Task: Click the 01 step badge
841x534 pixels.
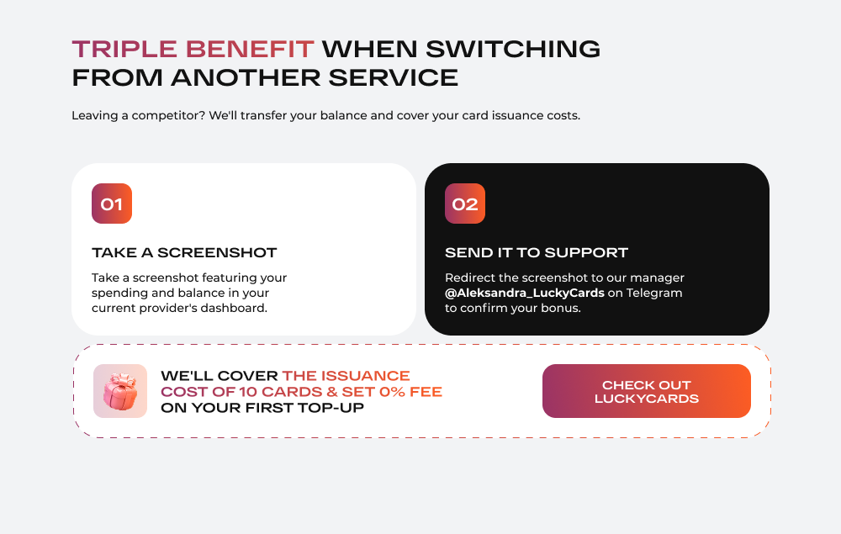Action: [112, 204]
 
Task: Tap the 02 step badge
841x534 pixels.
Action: [465, 204]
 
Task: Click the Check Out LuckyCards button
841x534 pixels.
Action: [646, 391]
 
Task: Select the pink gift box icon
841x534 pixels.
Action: [120, 391]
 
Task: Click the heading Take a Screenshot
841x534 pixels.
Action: [184, 252]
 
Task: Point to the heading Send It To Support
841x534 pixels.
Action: [537, 252]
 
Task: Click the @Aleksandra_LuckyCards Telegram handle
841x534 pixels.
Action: [525, 293]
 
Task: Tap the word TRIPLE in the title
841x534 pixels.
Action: [124, 50]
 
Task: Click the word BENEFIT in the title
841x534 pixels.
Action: [250, 50]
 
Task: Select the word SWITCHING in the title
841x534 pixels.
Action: [513, 50]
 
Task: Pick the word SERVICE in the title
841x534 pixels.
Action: [393, 77]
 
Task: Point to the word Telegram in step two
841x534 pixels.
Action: [654, 293]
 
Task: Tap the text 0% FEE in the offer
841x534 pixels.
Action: [411, 392]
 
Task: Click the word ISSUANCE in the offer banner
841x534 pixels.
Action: [366, 376]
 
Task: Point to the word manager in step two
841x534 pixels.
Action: [657, 278]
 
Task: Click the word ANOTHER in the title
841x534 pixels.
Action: [245, 77]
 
